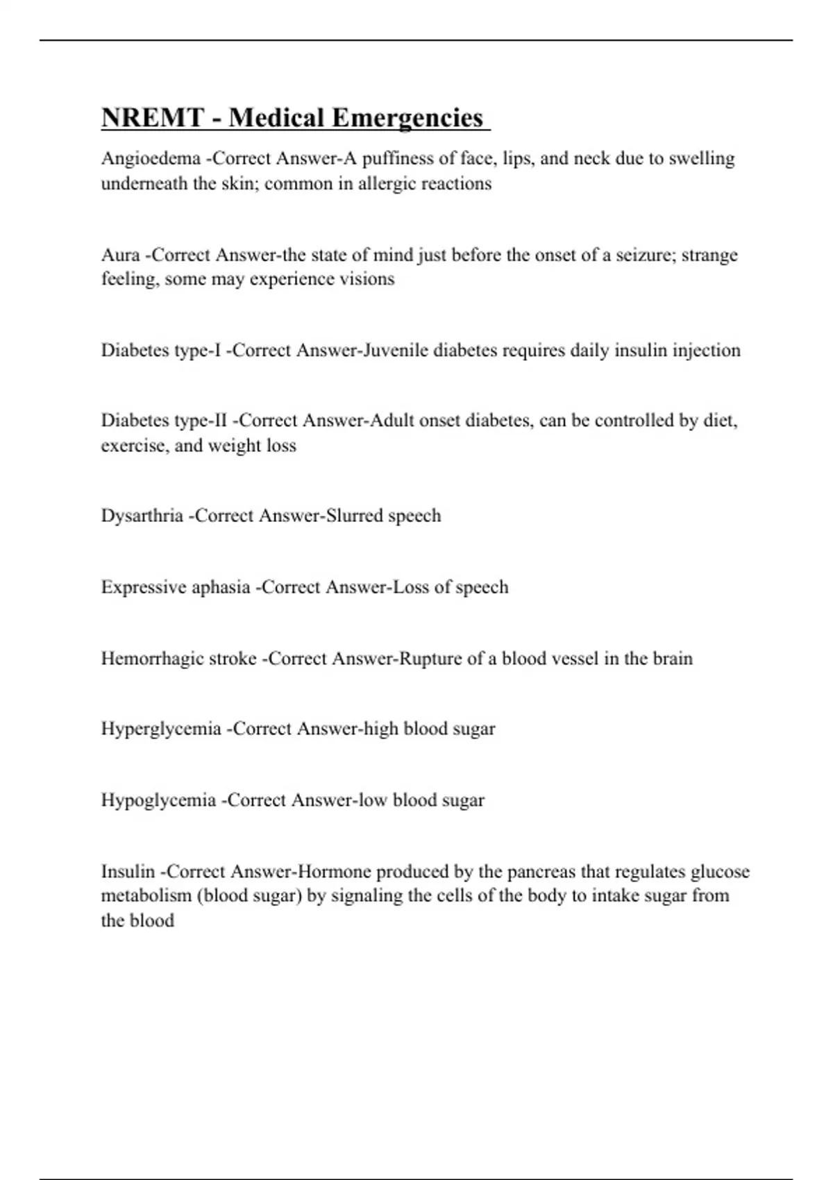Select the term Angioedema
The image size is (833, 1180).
tap(151, 159)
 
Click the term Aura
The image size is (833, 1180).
tap(120, 255)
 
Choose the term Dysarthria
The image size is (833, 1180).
tap(142, 516)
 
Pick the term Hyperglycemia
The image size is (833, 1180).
tap(161, 730)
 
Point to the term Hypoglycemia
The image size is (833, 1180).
tap(158, 800)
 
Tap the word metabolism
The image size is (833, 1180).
tap(146, 895)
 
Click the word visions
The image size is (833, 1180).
tap(371, 279)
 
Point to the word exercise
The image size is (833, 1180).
tap(133, 445)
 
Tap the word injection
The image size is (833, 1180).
tap(707, 350)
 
